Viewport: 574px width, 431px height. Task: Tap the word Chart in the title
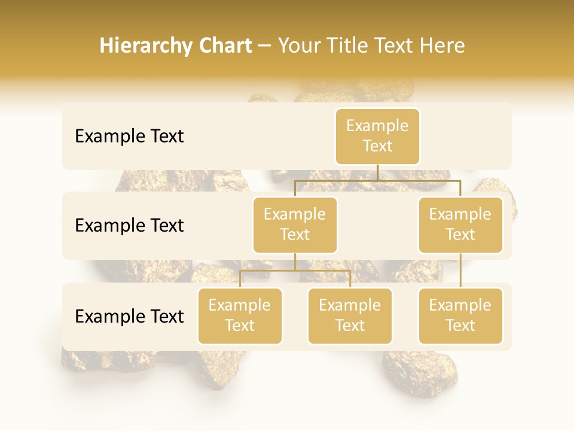[225, 46]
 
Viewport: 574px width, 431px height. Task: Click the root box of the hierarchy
[377, 136]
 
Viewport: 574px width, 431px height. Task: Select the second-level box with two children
[295, 224]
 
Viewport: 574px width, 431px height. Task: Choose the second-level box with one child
[460, 224]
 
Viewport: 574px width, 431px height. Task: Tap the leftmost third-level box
[240, 315]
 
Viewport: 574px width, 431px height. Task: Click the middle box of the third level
[350, 315]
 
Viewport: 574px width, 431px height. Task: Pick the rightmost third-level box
[460, 315]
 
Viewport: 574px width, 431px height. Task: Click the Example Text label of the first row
[129, 136]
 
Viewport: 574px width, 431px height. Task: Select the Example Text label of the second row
[129, 226]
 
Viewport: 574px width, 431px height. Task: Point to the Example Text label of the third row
[129, 317]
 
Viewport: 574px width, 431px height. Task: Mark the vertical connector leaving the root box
[377, 172]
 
